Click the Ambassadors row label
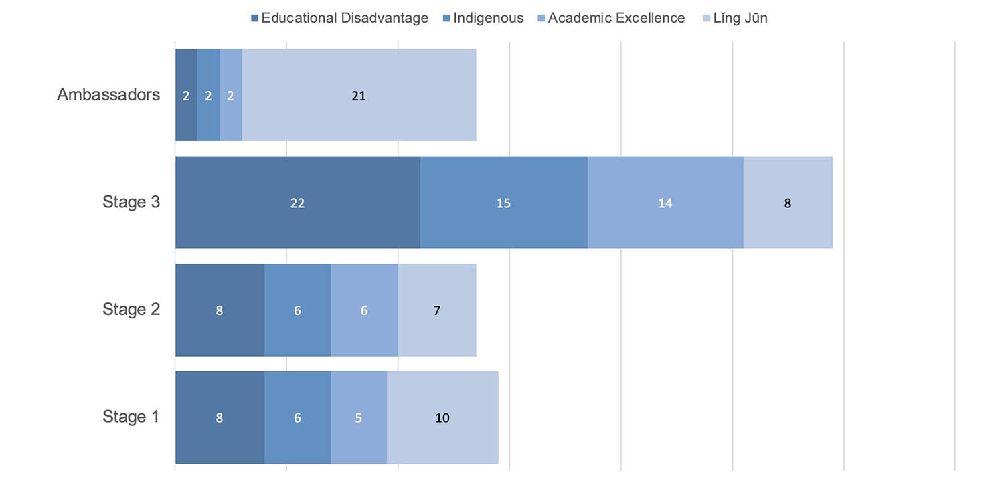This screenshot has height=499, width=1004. [108, 94]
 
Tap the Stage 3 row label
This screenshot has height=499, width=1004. [131, 202]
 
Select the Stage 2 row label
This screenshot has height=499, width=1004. [131, 310]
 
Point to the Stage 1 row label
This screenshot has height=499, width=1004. [131, 417]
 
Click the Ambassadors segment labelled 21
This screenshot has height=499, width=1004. [359, 95]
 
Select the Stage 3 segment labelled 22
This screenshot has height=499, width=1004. [297, 203]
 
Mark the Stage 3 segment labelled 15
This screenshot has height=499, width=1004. [503, 203]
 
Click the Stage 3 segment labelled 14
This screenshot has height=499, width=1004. [665, 203]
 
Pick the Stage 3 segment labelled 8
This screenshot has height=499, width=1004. [788, 203]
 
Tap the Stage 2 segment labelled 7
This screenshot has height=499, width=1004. [437, 310]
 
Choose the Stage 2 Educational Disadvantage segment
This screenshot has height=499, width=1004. [220, 310]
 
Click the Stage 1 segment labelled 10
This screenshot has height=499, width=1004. [442, 417]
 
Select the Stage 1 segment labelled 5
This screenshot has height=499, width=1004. [359, 417]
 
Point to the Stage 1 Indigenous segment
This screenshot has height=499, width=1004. [297, 417]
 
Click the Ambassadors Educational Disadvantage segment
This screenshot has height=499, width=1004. [186, 95]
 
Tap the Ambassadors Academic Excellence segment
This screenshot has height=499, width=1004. [231, 95]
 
